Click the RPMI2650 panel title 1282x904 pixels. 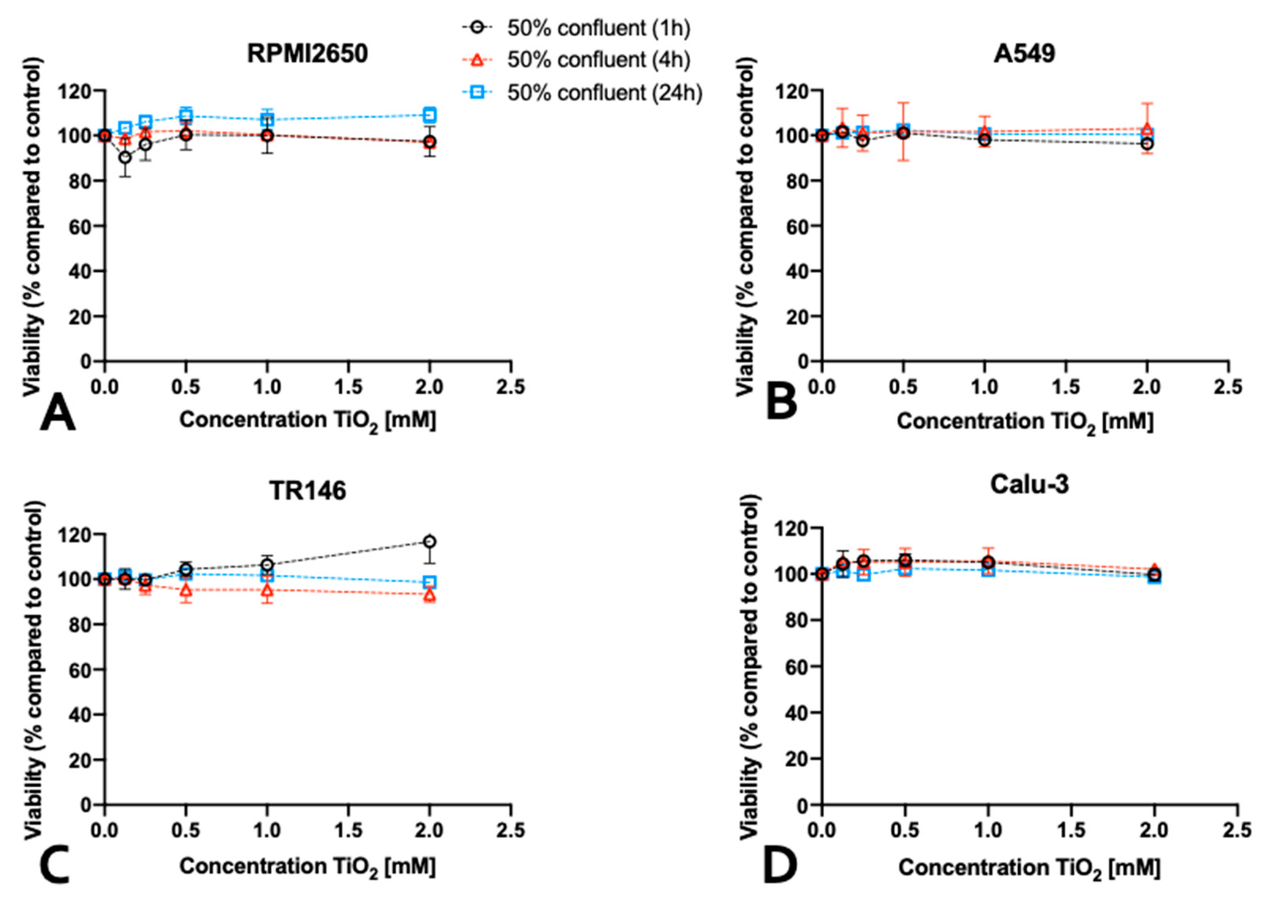point(307,54)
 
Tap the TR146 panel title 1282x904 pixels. point(308,491)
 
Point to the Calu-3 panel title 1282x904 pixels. point(1029,484)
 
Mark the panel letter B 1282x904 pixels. point(781,402)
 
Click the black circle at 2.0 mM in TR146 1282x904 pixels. point(430,541)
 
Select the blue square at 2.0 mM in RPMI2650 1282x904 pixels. point(430,115)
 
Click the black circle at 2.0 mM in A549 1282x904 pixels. point(1147,144)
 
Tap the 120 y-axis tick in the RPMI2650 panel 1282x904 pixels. point(75,90)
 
